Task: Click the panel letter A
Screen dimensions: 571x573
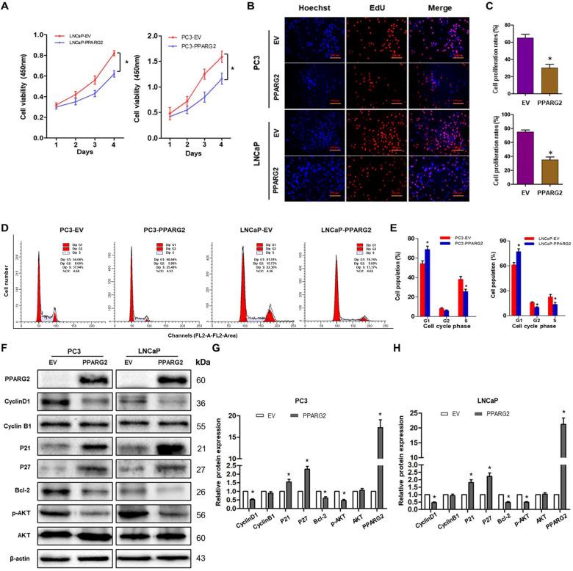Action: click(x=7, y=8)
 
